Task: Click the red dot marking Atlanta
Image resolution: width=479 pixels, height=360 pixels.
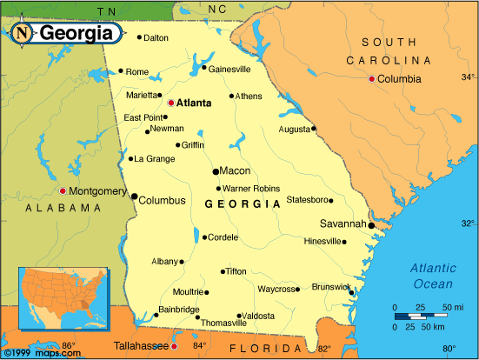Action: pyautogui.click(x=171, y=103)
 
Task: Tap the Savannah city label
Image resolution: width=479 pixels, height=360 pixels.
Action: pyautogui.click(x=343, y=223)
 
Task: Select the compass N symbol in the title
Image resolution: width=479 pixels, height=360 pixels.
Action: pyautogui.click(x=23, y=33)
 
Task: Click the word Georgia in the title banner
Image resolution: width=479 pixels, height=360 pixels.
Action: pyautogui.click(x=76, y=34)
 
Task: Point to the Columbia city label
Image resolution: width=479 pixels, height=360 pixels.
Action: pyautogui.click(x=399, y=78)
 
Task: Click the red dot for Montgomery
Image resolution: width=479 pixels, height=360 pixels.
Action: pyautogui.click(x=63, y=190)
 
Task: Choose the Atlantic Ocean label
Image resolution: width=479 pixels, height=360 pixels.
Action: pyautogui.click(x=432, y=277)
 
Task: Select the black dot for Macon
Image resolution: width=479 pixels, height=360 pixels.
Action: pyautogui.click(x=216, y=170)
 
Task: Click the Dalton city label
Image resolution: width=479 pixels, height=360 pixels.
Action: pyautogui.click(x=156, y=37)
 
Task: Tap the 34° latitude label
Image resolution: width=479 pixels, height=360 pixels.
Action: pyautogui.click(x=468, y=77)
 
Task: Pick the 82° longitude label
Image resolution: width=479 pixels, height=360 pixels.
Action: pyautogui.click(x=323, y=350)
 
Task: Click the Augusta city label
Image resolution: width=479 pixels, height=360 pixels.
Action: pyautogui.click(x=293, y=129)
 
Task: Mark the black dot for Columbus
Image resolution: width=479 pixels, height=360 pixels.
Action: pyautogui.click(x=134, y=197)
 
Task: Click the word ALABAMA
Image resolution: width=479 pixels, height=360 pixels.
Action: pyautogui.click(x=63, y=209)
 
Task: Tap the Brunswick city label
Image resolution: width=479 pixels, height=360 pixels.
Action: pyautogui.click(x=331, y=286)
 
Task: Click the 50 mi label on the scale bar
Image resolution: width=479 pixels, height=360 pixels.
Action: pyautogui.click(x=453, y=308)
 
